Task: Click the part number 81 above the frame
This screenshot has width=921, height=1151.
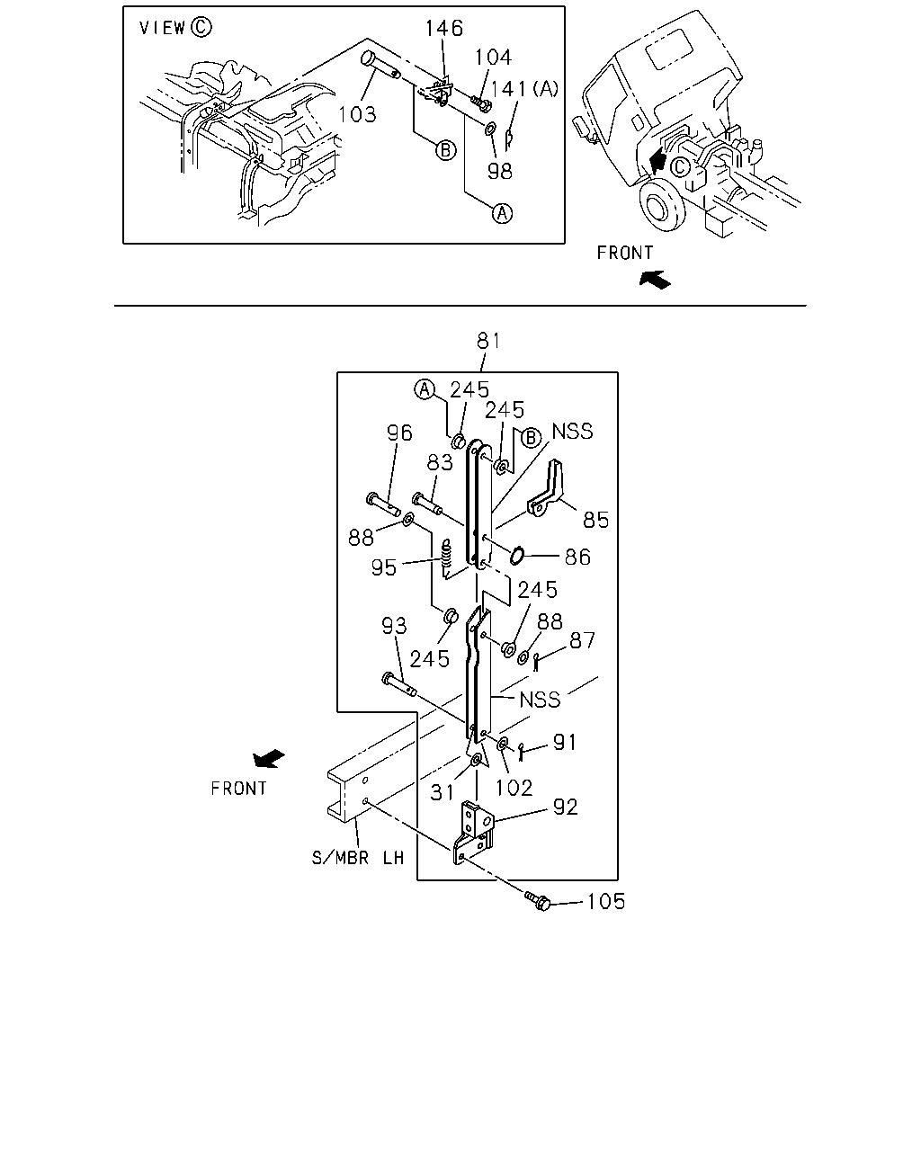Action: (488, 341)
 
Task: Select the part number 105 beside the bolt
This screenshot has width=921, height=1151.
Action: (606, 901)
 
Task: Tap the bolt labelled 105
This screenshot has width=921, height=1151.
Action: (537, 901)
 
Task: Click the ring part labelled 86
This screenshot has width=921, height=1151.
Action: (517, 556)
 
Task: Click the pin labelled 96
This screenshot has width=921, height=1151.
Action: (383, 504)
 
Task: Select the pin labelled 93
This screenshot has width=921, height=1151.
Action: (399, 685)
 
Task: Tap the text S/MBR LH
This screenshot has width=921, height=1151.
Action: (357, 858)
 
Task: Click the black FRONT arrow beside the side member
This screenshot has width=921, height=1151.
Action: (269, 758)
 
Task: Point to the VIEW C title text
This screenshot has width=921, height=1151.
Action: (175, 27)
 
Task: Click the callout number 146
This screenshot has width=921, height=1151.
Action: (443, 29)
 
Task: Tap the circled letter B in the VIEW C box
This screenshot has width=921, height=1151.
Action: (446, 150)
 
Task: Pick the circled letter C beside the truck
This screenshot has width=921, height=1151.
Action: (680, 167)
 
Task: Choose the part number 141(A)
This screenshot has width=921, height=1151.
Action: (524, 89)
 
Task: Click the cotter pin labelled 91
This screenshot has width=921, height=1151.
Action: (522, 750)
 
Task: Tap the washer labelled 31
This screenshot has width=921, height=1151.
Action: (476, 760)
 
